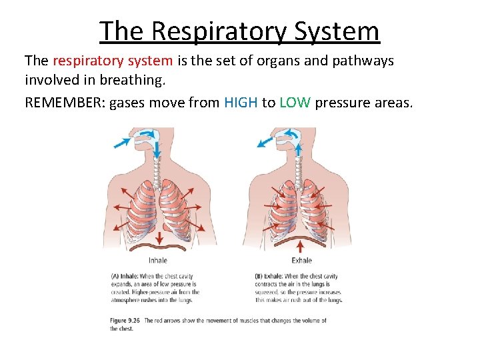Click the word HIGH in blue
[x=241, y=103]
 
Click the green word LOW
[x=295, y=103]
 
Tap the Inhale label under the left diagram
[x=158, y=261]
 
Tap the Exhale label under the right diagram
[x=302, y=261]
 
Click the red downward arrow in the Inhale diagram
[x=159, y=239]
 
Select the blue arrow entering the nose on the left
[x=121, y=142]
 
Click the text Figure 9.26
[x=125, y=321]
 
